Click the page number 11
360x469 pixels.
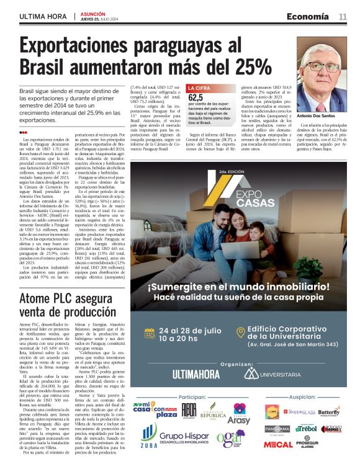(343, 16)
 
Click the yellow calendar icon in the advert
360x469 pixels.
(149, 333)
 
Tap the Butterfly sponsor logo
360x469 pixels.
(328, 412)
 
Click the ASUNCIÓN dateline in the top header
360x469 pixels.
(92, 13)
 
